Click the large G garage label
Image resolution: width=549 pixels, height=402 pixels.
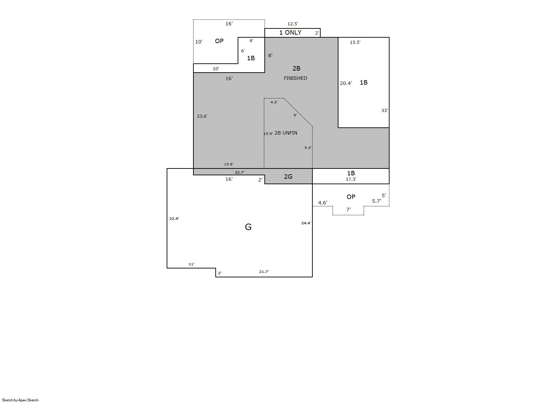pyautogui.click(x=248, y=227)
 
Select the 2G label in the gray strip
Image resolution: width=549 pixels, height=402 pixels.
pyautogui.click(x=288, y=176)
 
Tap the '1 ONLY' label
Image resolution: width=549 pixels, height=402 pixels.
pyautogui.click(x=290, y=33)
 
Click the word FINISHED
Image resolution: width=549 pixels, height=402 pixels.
pyautogui.click(x=295, y=78)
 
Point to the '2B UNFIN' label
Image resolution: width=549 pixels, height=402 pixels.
pyautogui.click(x=286, y=133)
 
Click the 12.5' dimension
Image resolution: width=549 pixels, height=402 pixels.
pyautogui.click(x=293, y=24)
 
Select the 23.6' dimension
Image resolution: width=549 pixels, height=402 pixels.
pyautogui.click(x=202, y=116)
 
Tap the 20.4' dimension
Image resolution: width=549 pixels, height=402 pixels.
pyautogui.click(x=346, y=83)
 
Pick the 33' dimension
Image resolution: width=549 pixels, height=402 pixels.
pyautogui.click(x=384, y=110)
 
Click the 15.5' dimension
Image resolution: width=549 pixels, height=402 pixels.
pyautogui.click(x=355, y=42)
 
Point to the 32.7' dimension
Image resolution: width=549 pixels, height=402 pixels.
pyautogui.click(x=239, y=172)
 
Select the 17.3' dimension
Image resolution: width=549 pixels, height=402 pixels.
pyautogui.click(x=351, y=179)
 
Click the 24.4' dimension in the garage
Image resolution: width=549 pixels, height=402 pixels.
pyautogui.click(x=306, y=223)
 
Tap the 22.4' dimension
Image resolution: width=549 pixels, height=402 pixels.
pyautogui.click(x=174, y=218)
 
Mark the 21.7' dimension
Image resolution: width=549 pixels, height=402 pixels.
pyautogui.click(x=264, y=272)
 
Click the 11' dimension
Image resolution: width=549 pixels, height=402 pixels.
pyautogui.click(x=191, y=264)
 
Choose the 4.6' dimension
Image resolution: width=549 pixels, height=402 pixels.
pyautogui.click(x=323, y=203)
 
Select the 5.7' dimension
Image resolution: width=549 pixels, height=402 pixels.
pyautogui.click(x=377, y=201)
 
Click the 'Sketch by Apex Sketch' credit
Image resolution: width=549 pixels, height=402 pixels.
pyautogui.click(x=20, y=400)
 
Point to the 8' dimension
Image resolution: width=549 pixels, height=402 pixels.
pyautogui.click(x=270, y=55)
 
